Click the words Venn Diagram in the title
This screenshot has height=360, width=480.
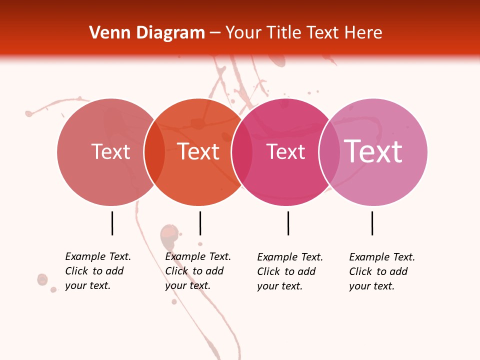[x=147, y=33]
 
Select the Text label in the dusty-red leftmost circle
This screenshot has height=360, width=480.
[x=110, y=152]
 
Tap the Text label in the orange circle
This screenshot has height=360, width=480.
[x=198, y=152]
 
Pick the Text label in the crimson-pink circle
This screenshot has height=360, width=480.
[x=285, y=152]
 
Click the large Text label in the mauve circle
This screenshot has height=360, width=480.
[x=373, y=151]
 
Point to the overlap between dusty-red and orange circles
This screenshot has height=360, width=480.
[x=154, y=152]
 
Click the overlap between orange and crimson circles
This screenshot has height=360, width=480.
[x=242, y=152]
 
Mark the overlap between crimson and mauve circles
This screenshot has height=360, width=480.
[x=329, y=152]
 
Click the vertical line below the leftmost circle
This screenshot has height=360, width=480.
[x=112, y=223]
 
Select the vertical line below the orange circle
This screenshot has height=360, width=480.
[x=200, y=223]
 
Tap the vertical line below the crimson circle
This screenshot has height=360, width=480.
[x=288, y=223]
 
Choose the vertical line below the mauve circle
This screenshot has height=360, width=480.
[x=372, y=223]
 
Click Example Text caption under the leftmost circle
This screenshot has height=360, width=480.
[x=98, y=256]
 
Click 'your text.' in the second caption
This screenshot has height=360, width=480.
[x=187, y=285]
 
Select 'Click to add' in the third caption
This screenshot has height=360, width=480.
[x=286, y=271]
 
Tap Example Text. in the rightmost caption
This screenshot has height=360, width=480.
[x=382, y=257]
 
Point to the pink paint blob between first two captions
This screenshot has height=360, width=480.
[x=168, y=234]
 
